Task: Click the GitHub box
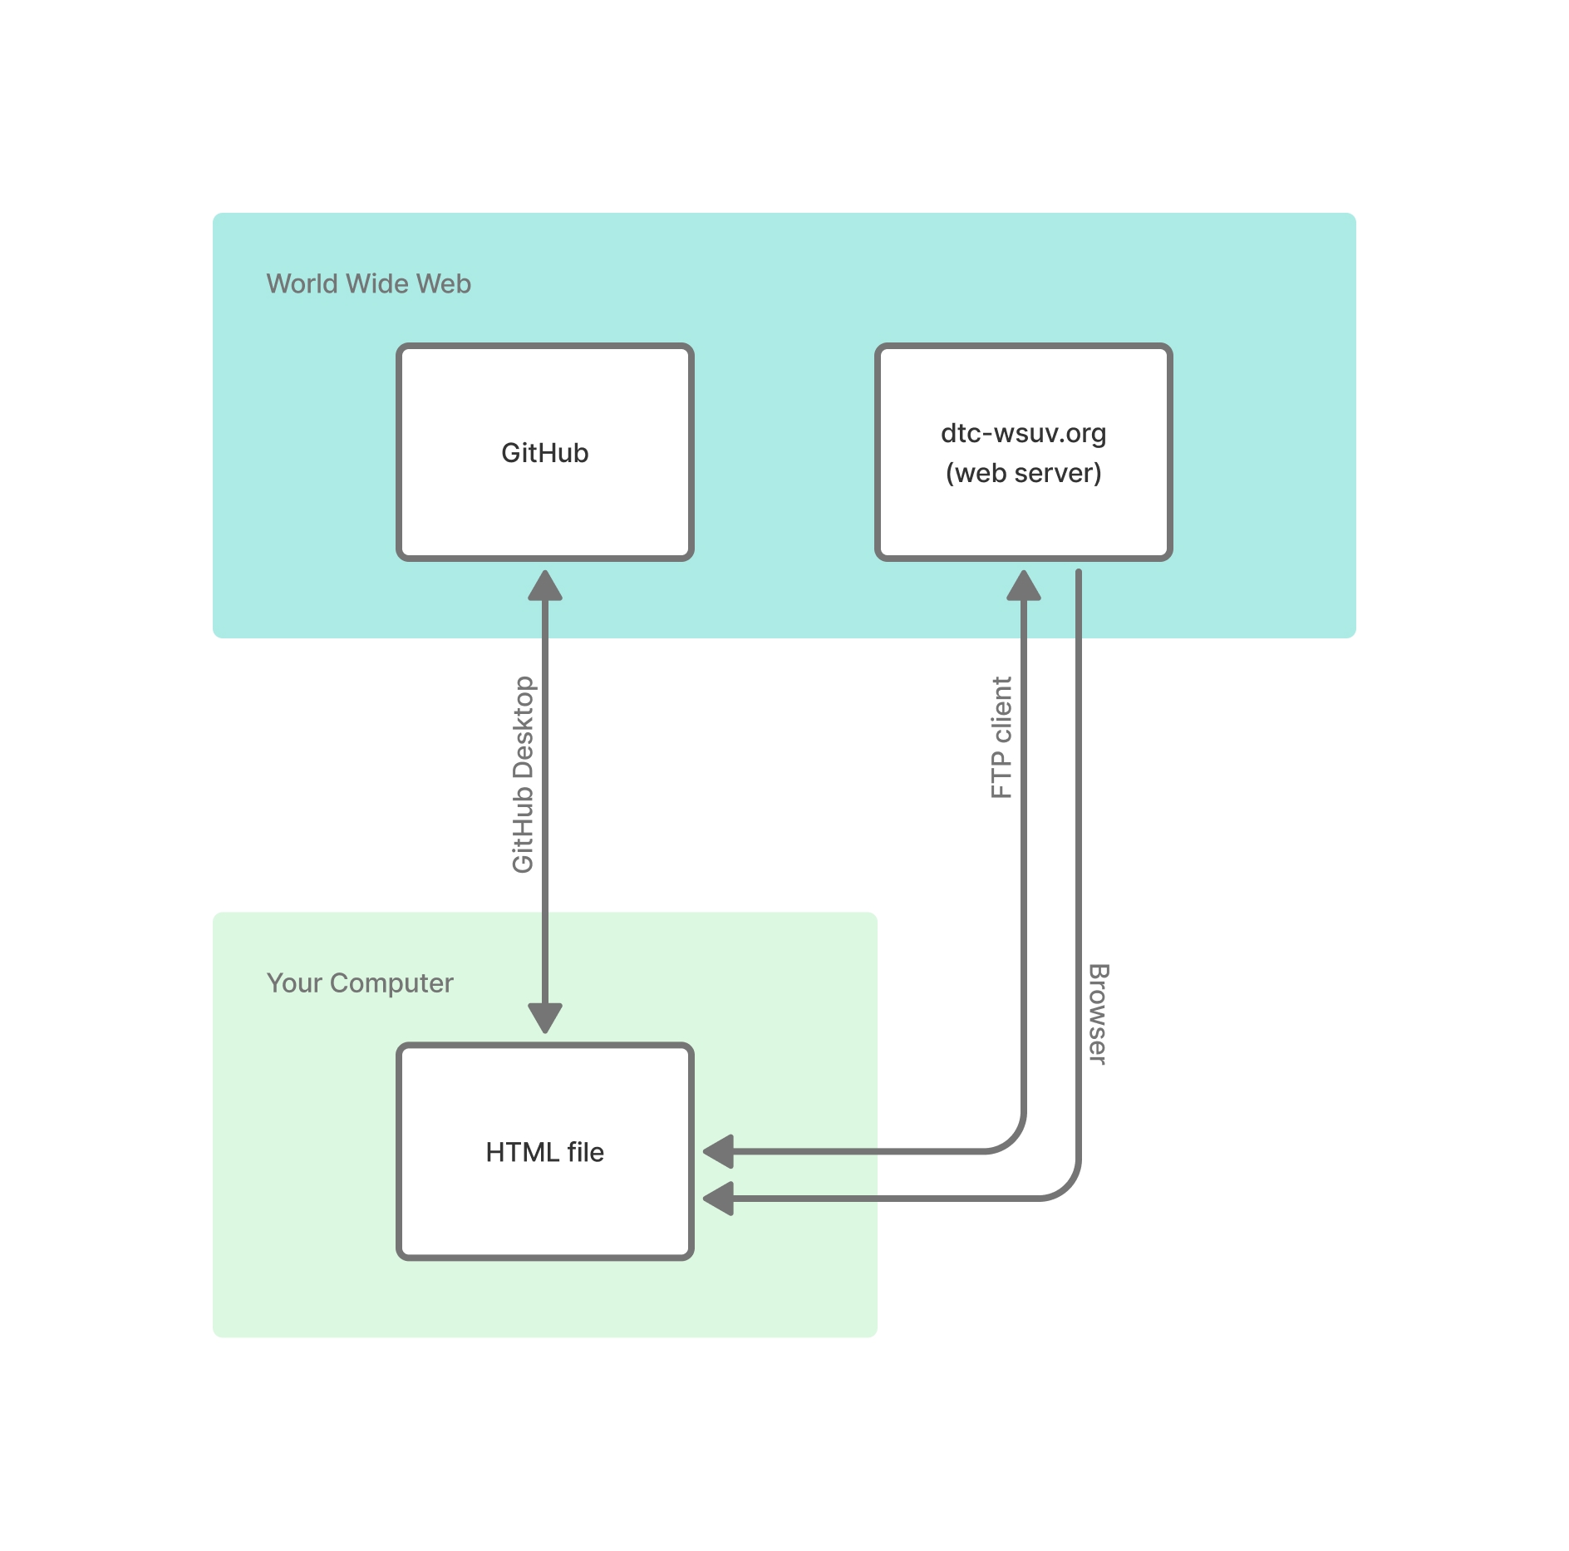(544, 499)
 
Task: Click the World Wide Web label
(368, 284)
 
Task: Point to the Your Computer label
(359, 983)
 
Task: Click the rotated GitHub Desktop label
(523, 775)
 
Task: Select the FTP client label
(1001, 738)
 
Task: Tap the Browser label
(1098, 1014)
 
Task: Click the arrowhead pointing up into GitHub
(545, 586)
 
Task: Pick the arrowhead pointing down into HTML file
(545, 1017)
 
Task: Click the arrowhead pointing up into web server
(1024, 586)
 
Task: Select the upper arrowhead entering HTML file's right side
(720, 1152)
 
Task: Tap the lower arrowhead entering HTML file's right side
(720, 1199)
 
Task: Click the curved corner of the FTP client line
(1012, 1139)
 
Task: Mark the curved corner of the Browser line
(1067, 1186)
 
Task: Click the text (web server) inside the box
(1023, 473)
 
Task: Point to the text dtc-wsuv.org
(1023, 433)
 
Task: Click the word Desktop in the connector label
(523, 727)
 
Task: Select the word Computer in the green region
(391, 983)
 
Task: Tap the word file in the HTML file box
(585, 1152)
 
